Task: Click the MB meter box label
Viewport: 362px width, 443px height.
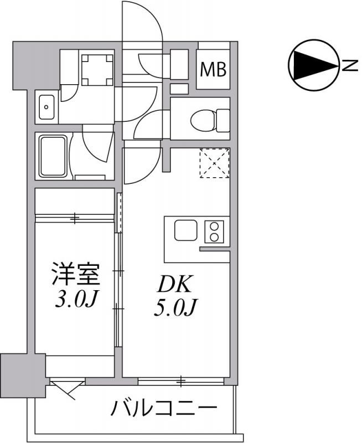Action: click(x=213, y=69)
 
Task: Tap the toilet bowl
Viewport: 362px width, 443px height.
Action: click(x=203, y=120)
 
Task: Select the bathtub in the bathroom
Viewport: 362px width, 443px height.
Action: click(x=53, y=156)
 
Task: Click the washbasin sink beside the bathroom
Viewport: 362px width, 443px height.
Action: click(x=46, y=107)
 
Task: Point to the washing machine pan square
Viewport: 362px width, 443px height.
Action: click(x=97, y=70)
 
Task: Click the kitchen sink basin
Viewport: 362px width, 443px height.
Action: click(x=186, y=230)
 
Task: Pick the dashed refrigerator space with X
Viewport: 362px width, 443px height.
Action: click(x=215, y=163)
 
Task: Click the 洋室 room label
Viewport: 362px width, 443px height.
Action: click(x=76, y=274)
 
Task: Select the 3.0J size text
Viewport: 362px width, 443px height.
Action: click(x=76, y=300)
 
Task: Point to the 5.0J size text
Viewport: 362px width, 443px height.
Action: click(x=175, y=307)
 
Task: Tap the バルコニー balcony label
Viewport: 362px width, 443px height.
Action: click(x=164, y=408)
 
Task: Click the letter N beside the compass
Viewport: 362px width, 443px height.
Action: click(x=350, y=65)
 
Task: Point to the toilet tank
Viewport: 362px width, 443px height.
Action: click(x=223, y=120)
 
